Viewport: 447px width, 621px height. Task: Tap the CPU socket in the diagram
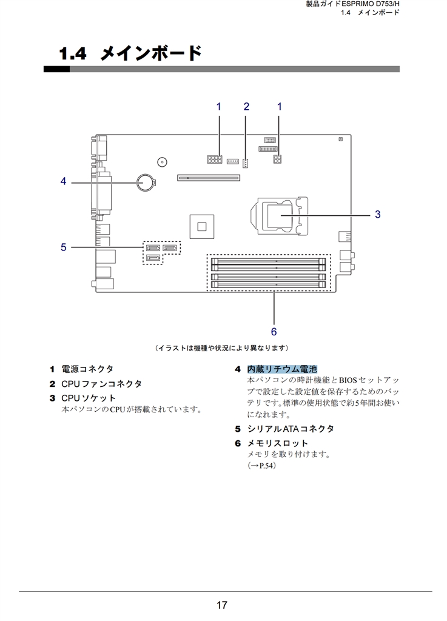tap(280, 215)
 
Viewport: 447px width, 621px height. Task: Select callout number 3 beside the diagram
tap(377, 214)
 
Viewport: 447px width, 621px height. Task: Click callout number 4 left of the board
tap(63, 181)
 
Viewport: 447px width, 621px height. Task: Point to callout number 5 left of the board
tap(63, 247)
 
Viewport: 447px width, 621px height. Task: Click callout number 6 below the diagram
tap(274, 331)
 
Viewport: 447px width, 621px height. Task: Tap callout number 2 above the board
tap(246, 107)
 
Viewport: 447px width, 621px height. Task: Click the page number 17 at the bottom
tap(222, 605)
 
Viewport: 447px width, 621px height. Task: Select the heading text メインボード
tap(151, 53)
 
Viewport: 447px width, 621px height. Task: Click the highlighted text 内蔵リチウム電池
tap(282, 369)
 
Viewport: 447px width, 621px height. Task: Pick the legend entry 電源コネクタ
tap(87, 369)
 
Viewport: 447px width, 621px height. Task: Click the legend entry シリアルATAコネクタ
tap(291, 429)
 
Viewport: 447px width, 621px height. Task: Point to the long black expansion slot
tap(209, 178)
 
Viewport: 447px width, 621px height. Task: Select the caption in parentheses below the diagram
tap(222, 347)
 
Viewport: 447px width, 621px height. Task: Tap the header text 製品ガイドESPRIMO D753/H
tap(352, 4)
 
